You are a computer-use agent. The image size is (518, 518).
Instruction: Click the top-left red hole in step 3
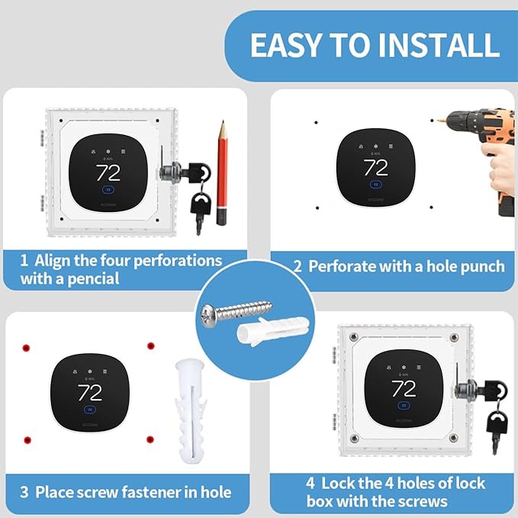click(x=25, y=347)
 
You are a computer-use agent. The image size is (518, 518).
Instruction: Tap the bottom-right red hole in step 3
click(x=150, y=439)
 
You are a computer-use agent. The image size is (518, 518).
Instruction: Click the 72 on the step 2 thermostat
click(x=375, y=167)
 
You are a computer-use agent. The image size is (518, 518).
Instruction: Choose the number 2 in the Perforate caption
click(x=298, y=266)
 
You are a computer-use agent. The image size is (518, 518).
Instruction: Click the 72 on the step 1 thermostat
click(x=108, y=172)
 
